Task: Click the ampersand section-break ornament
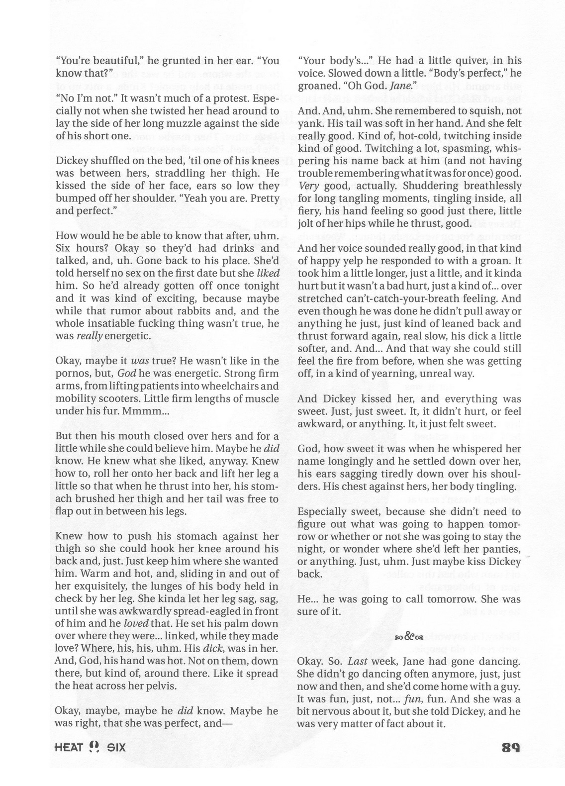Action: pyautogui.click(x=408, y=636)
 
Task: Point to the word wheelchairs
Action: pyautogui.click(x=247, y=386)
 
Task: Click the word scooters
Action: pyautogui.click(x=118, y=398)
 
